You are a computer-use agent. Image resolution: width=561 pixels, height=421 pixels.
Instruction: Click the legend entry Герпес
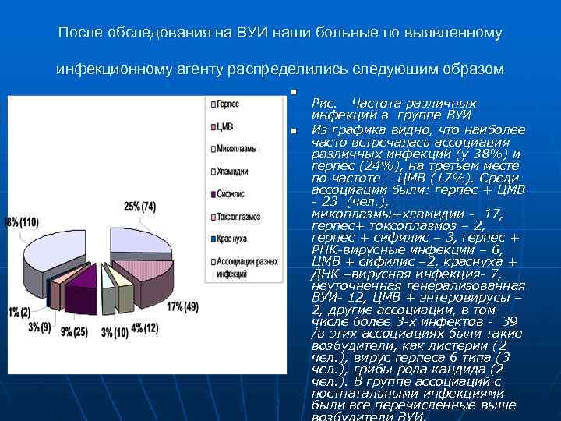point(227,104)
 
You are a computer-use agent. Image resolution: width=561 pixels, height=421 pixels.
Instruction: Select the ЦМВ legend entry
point(224,126)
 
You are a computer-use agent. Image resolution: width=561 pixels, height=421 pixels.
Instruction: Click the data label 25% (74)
point(140,207)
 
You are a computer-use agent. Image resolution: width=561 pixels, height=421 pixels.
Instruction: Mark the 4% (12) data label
point(144,327)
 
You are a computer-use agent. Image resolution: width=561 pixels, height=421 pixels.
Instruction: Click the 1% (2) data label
point(19,312)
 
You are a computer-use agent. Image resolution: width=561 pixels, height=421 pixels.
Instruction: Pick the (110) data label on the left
point(22,222)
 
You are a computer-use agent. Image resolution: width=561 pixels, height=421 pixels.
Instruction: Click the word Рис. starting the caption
point(324,103)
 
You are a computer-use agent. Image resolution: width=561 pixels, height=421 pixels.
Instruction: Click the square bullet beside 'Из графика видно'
point(294,130)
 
